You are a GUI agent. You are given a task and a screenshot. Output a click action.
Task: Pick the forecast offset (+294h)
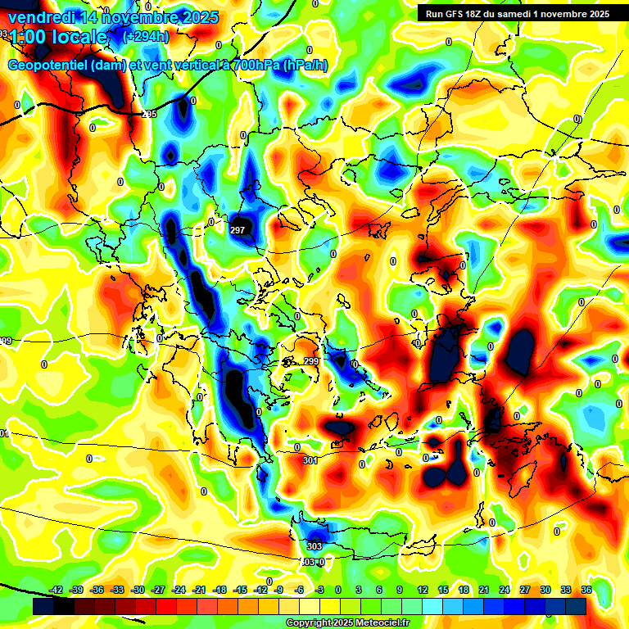coord(145,37)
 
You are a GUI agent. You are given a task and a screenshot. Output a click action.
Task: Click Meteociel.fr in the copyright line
coord(379,623)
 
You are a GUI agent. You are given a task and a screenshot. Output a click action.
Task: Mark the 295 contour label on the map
coord(149,114)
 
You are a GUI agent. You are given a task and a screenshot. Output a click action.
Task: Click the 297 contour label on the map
coord(238,230)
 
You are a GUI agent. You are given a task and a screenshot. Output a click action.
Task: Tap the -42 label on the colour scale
coord(57,590)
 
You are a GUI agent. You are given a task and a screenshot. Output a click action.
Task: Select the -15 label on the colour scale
coord(239,590)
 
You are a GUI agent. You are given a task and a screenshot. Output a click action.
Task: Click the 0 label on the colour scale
coord(338,590)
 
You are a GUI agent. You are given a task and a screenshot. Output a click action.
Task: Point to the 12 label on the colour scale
coord(422,590)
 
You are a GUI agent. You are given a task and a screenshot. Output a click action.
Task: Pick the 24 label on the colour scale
coord(505,590)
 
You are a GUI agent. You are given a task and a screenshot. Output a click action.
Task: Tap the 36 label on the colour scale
coord(586,590)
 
